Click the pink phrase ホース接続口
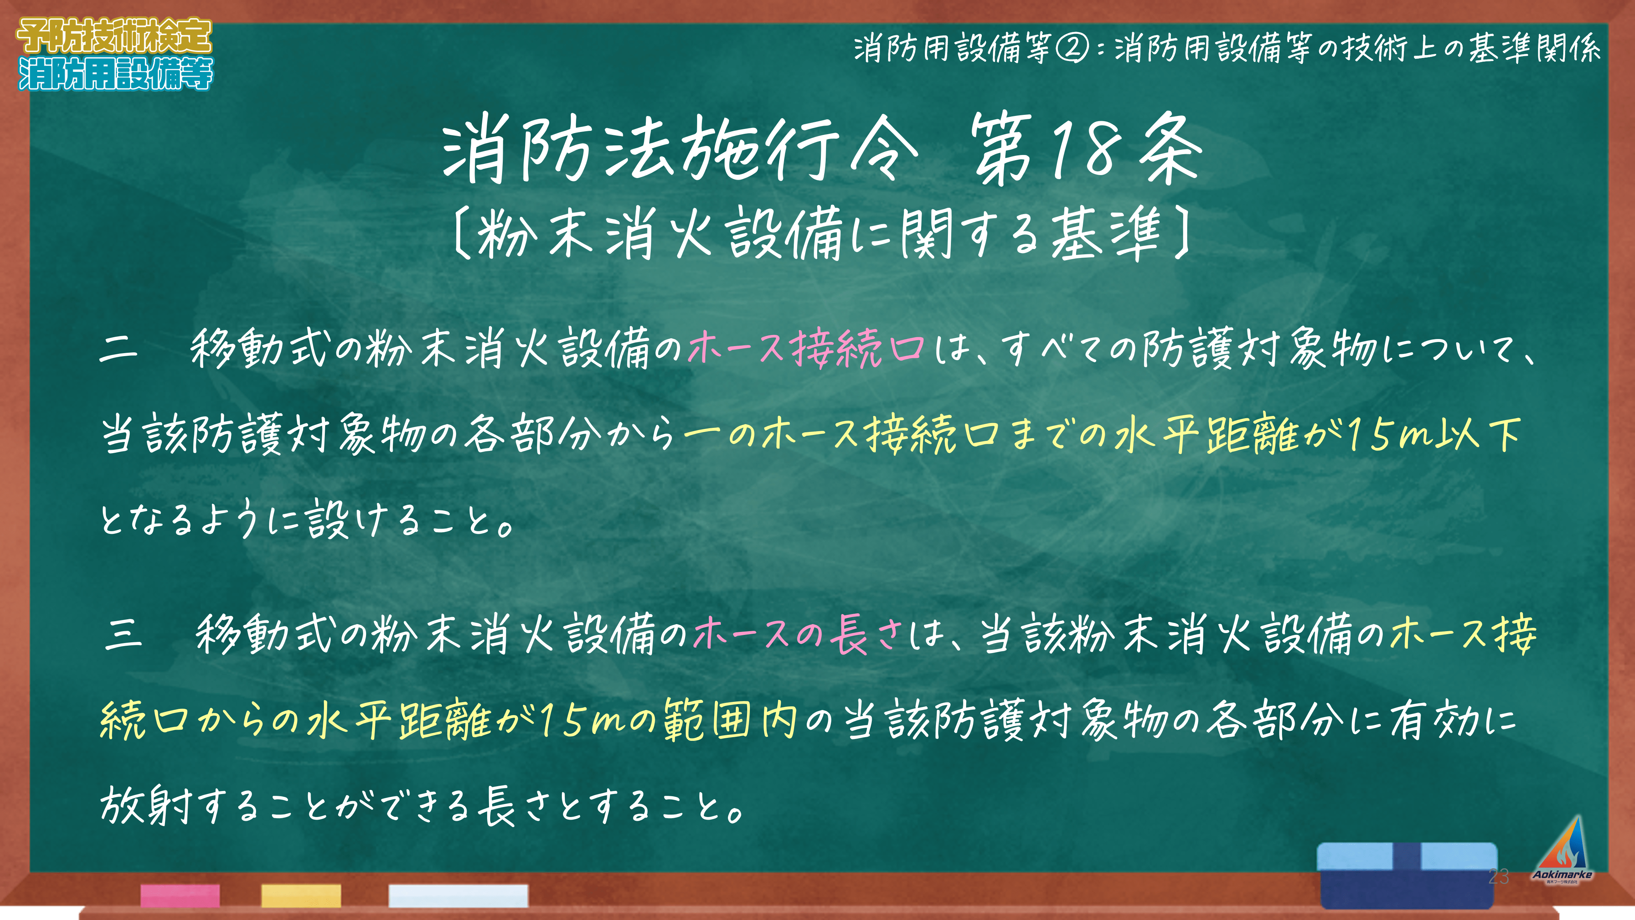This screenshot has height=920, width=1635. [x=806, y=349]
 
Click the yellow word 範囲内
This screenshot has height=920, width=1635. [x=730, y=719]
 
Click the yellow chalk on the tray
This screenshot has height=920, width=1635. [x=301, y=895]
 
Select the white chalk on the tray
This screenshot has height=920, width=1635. [x=458, y=895]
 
